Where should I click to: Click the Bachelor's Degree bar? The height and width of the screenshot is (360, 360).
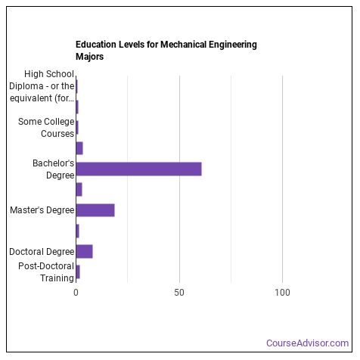click(x=138, y=169)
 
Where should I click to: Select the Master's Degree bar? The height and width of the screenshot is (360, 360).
click(x=95, y=210)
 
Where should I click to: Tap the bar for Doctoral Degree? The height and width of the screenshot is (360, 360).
click(x=84, y=251)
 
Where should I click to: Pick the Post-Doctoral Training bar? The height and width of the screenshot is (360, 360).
click(x=77, y=272)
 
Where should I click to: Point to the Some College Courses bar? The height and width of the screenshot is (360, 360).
click(x=76, y=127)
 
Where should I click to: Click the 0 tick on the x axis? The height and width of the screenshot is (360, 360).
click(x=76, y=292)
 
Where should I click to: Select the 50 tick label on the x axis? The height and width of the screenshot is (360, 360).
click(x=179, y=292)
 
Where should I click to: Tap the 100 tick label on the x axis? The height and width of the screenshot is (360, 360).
click(x=282, y=292)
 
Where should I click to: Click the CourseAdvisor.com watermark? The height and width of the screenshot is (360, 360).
click(x=307, y=343)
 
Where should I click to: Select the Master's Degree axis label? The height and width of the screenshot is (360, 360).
click(x=42, y=210)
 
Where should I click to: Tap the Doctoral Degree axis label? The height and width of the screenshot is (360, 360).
click(x=42, y=251)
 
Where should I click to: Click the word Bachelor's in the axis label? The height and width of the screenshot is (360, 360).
click(x=53, y=163)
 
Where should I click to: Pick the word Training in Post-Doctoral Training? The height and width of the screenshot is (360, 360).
click(x=57, y=278)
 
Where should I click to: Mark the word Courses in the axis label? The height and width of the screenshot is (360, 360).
click(x=57, y=133)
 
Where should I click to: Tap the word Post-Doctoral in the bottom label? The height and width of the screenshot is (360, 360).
click(x=46, y=266)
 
